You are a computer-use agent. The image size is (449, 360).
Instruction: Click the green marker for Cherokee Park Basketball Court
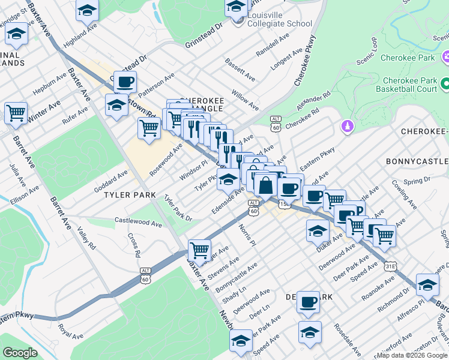point(445,84)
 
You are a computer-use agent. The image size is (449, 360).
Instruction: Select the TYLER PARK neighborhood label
point(130,196)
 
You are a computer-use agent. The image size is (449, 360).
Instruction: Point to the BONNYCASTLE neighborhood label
point(417,161)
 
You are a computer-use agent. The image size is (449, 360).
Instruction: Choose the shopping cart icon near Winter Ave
point(16,112)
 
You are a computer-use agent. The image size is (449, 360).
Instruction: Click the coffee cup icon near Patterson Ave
point(125,82)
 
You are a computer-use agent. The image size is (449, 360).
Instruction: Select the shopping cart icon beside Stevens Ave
point(199,249)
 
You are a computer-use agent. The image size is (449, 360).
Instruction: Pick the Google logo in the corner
point(20,353)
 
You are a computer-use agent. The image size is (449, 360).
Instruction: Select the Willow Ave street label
point(245,101)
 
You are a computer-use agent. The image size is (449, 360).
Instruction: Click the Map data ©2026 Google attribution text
point(412,355)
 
